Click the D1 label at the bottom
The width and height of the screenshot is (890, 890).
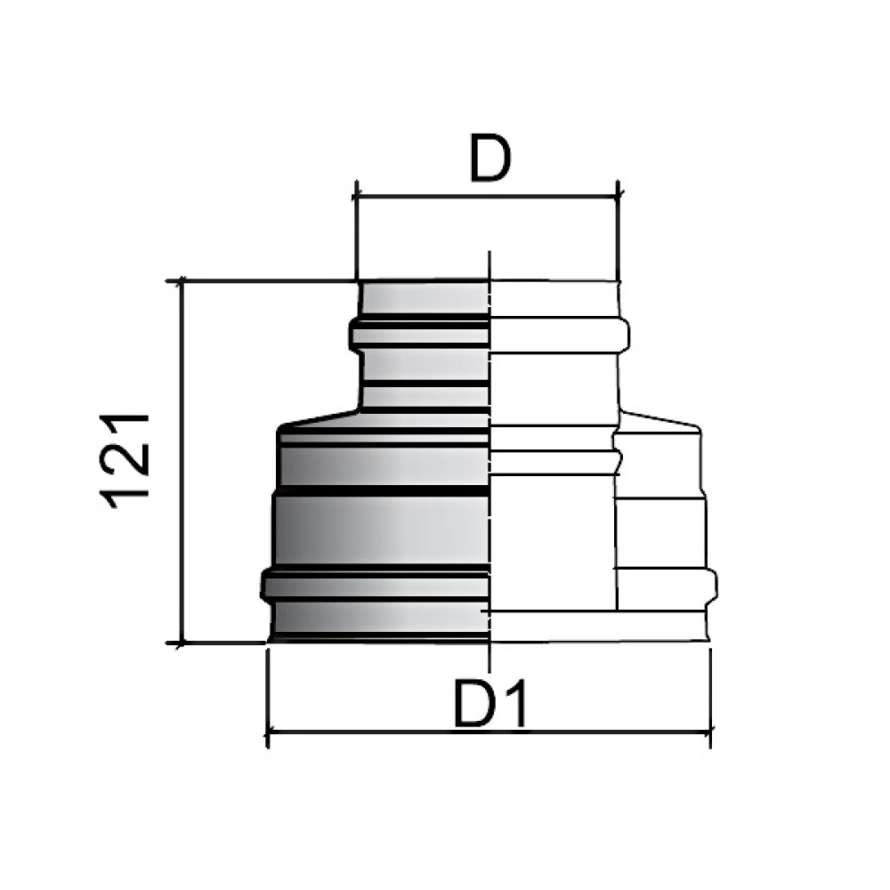[491, 704]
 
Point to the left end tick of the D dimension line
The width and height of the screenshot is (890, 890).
[357, 197]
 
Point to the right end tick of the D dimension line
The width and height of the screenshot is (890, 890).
[619, 197]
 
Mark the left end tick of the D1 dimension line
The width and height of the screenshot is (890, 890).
[267, 732]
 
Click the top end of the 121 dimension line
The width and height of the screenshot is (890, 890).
[182, 280]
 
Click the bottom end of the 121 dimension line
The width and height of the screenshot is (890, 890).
[182, 643]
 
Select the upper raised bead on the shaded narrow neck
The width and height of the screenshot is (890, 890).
[419, 334]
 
